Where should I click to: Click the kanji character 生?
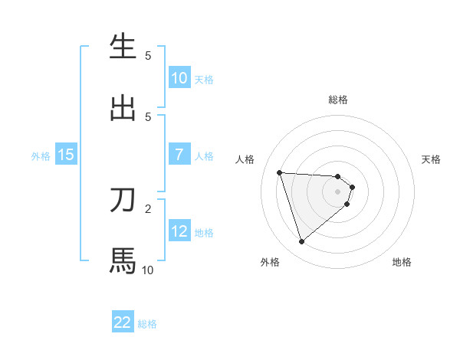pos(123,47)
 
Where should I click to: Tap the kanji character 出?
pos(123,108)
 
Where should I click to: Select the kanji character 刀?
pos(123,201)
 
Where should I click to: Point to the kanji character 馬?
pos(123,261)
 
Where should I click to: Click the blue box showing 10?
pos(179,78)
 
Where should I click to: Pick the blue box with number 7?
pos(179,155)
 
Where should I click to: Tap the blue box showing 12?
pos(179,231)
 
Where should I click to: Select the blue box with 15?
pos(66,155)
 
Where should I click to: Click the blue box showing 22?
pos(123,322)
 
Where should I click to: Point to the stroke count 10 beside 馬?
pos(147,270)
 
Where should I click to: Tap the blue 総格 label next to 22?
pos(147,324)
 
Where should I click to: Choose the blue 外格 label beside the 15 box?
pos(41,155)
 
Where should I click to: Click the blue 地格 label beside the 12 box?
pos(204,232)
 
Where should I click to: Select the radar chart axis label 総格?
pos(338,100)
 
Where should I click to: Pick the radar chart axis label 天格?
pos(432,159)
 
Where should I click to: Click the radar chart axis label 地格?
pos(402,262)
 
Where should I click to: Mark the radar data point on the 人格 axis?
pos(279,172)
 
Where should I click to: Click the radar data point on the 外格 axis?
pos(301,242)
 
